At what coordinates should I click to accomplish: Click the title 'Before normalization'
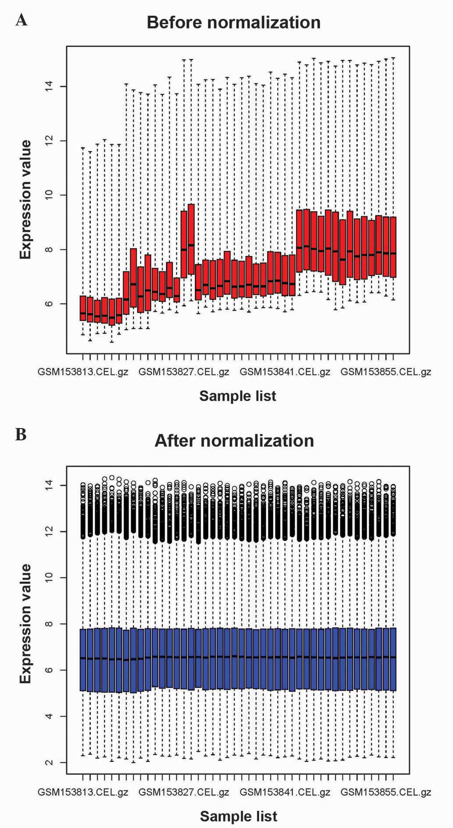tap(233, 22)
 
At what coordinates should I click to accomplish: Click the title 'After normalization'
tap(234, 441)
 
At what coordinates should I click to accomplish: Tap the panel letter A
tap(21, 20)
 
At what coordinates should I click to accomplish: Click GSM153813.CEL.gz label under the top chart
tap(83, 372)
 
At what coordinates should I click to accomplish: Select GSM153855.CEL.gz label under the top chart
tap(386, 372)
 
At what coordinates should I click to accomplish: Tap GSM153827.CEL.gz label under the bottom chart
tap(184, 792)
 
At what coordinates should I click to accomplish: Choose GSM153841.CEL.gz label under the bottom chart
tap(285, 792)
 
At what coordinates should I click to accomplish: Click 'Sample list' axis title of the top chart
tap(238, 396)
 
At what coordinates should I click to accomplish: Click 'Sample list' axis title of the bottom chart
tap(239, 817)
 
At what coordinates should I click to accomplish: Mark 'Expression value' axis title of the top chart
tap(26, 200)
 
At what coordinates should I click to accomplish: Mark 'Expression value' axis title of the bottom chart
tap(26, 623)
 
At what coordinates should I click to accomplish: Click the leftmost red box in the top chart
tap(83, 308)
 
